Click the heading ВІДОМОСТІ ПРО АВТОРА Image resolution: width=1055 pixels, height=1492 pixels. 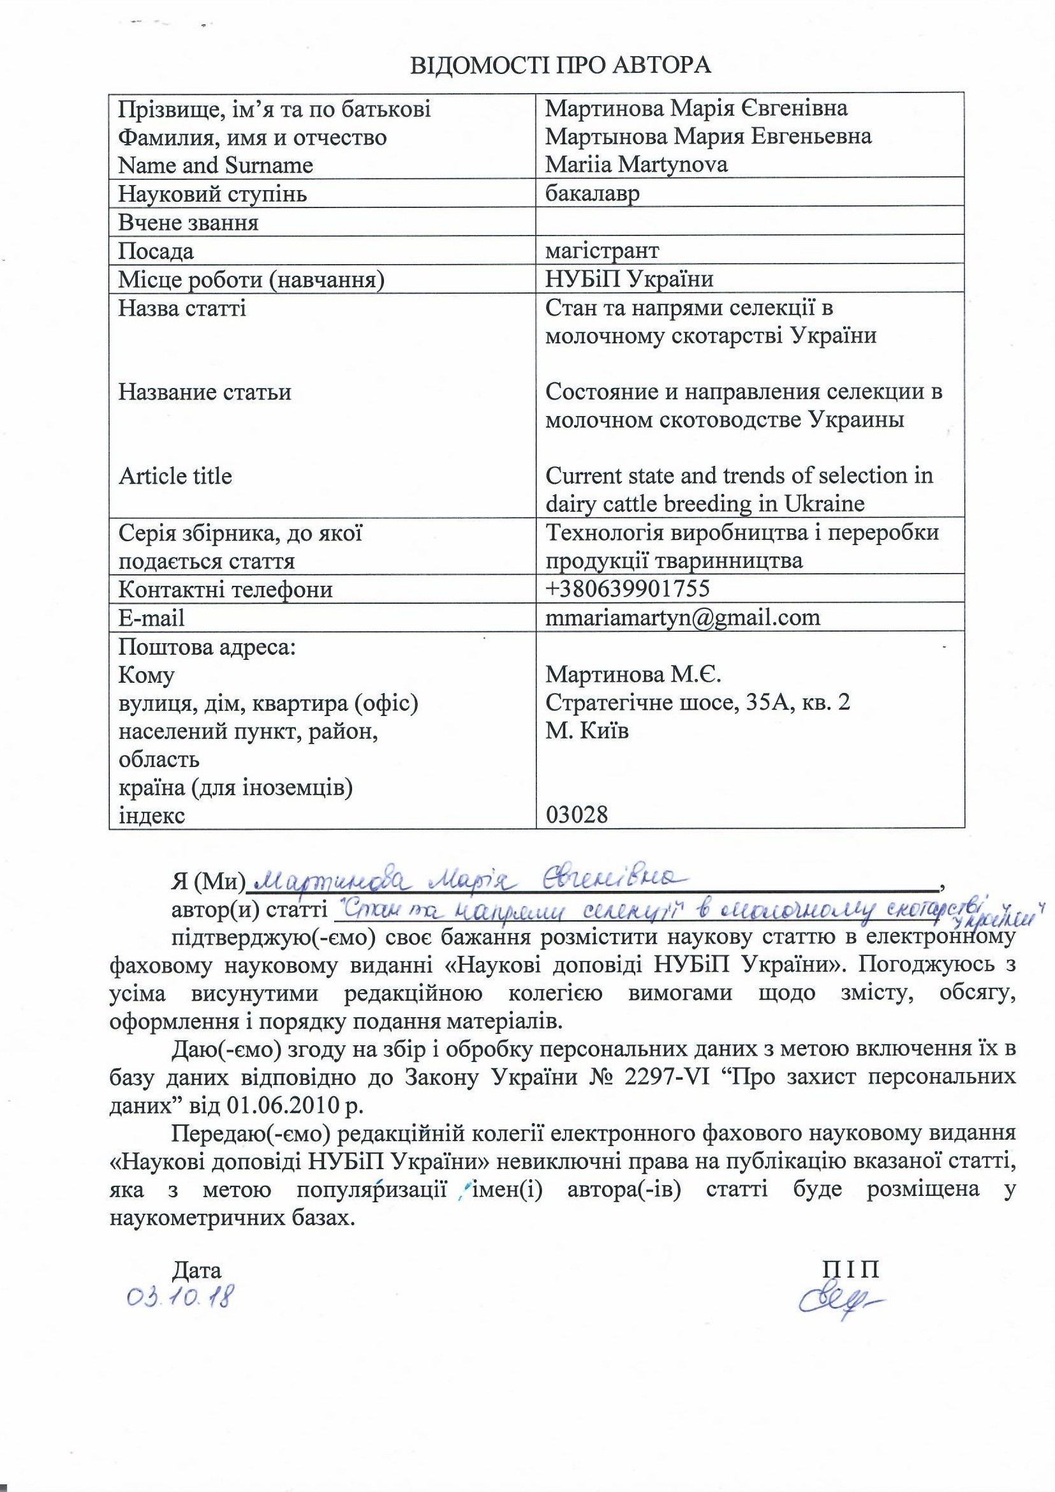[x=561, y=65]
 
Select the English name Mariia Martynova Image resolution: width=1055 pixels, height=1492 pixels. [x=636, y=165]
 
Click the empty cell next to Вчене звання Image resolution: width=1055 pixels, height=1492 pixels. [x=749, y=222]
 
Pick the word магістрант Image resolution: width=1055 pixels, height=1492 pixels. [x=602, y=250]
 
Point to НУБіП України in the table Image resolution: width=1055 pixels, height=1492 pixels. [x=629, y=279]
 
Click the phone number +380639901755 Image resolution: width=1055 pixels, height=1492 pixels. [x=628, y=589]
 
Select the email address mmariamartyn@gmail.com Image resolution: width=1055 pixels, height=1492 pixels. [x=682, y=616]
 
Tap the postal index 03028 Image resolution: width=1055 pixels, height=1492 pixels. [x=577, y=814]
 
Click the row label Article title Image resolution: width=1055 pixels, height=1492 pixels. [x=175, y=476]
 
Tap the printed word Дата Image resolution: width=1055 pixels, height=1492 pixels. [x=196, y=1270]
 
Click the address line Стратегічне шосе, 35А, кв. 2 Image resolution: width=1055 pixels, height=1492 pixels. [x=697, y=703]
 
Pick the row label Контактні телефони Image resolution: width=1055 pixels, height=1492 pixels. [x=225, y=590]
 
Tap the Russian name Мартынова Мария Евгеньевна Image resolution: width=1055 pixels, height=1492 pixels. [x=708, y=137]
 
